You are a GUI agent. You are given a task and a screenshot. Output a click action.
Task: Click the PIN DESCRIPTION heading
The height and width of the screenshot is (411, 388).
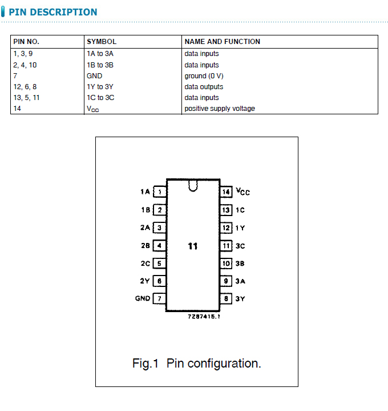(53, 12)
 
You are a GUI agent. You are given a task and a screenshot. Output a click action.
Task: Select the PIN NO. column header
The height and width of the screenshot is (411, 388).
(26, 42)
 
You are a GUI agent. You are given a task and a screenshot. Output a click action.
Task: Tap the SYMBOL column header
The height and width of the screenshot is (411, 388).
(102, 42)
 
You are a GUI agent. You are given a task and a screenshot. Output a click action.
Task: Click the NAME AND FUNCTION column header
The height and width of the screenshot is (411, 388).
(222, 42)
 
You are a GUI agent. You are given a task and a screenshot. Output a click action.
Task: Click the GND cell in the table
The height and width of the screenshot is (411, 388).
(95, 75)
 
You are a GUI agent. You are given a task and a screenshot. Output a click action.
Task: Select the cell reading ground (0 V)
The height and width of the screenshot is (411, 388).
(204, 75)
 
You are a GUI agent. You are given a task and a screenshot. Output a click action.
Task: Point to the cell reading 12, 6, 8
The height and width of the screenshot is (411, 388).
(25, 87)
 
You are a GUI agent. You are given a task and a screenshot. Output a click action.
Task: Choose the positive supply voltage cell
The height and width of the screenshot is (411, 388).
(220, 109)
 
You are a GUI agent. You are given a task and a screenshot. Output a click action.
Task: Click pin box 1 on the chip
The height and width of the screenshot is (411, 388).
(160, 192)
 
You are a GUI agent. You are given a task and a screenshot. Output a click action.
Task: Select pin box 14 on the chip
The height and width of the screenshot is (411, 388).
(227, 192)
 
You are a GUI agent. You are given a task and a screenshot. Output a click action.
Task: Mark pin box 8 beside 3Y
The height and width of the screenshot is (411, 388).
(227, 299)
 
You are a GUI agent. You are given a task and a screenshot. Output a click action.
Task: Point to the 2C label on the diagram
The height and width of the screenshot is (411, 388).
(145, 264)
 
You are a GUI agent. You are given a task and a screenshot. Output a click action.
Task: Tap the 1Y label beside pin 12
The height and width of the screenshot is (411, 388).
(240, 228)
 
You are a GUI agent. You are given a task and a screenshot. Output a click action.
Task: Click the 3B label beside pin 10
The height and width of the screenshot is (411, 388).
(240, 264)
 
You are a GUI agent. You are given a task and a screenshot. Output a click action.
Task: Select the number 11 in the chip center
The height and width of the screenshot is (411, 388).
(193, 246)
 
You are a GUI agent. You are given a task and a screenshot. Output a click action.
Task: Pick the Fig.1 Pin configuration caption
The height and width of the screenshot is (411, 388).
(196, 364)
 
